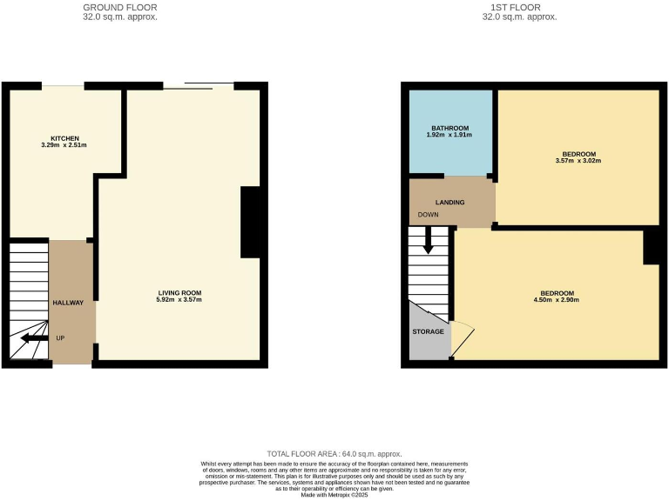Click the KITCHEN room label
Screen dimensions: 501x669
coord(65,138)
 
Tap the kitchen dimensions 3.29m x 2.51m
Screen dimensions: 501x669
coord(65,146)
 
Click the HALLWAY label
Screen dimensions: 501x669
coord(69,303)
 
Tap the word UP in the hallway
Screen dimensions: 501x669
coord(60,337)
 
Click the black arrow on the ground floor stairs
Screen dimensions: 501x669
coord(34,338)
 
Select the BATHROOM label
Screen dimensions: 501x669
coord(450,128)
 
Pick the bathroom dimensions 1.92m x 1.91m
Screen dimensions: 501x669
coord(450,136)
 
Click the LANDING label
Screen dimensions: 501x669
coord(450,203)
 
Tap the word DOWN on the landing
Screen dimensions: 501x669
coord(428,214)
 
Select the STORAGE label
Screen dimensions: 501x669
coord(429,331)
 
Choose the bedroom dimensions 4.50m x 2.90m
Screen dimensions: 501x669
coord(557,300)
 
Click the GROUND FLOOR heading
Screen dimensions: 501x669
coord(120,8)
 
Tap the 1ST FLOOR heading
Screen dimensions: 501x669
coord(519,8)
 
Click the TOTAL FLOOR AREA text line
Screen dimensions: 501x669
coord(334,454)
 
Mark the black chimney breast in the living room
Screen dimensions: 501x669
coord(250,223)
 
